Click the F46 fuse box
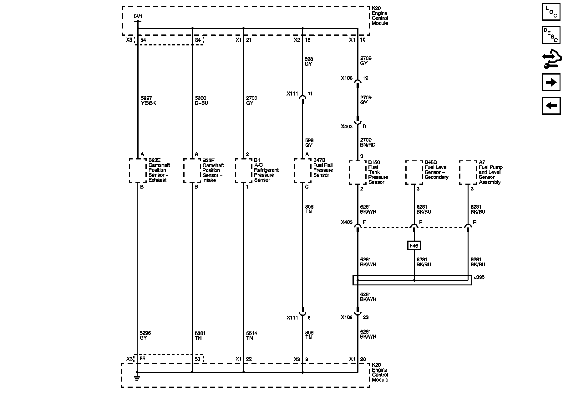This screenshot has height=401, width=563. coord(413,246)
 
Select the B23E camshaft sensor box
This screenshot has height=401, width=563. coord(138,170)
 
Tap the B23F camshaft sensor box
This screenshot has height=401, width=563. coord(192,170)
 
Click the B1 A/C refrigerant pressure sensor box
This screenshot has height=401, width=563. coord(243,170)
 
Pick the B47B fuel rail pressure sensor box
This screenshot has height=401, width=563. coord(302,170)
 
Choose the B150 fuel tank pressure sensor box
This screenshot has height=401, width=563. coord(358,172)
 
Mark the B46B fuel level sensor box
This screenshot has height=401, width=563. coord(414,172)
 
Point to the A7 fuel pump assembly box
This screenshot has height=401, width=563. coord(468,172)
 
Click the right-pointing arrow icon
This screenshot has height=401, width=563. coord(551,82)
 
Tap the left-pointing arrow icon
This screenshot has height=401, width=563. coord(551,106)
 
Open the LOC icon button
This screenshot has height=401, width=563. coord(551,12)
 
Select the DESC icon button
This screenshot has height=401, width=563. coord(551,35)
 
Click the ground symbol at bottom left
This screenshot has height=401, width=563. coord(137,378)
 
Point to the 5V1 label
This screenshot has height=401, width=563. coord(138,16)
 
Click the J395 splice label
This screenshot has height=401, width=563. coord(479,277)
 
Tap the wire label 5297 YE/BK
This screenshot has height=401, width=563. coord(148,101)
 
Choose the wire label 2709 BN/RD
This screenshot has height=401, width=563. coord(368,143)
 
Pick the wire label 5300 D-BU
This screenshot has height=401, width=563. coord(201,101)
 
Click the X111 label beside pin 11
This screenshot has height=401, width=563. coord(292,94)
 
